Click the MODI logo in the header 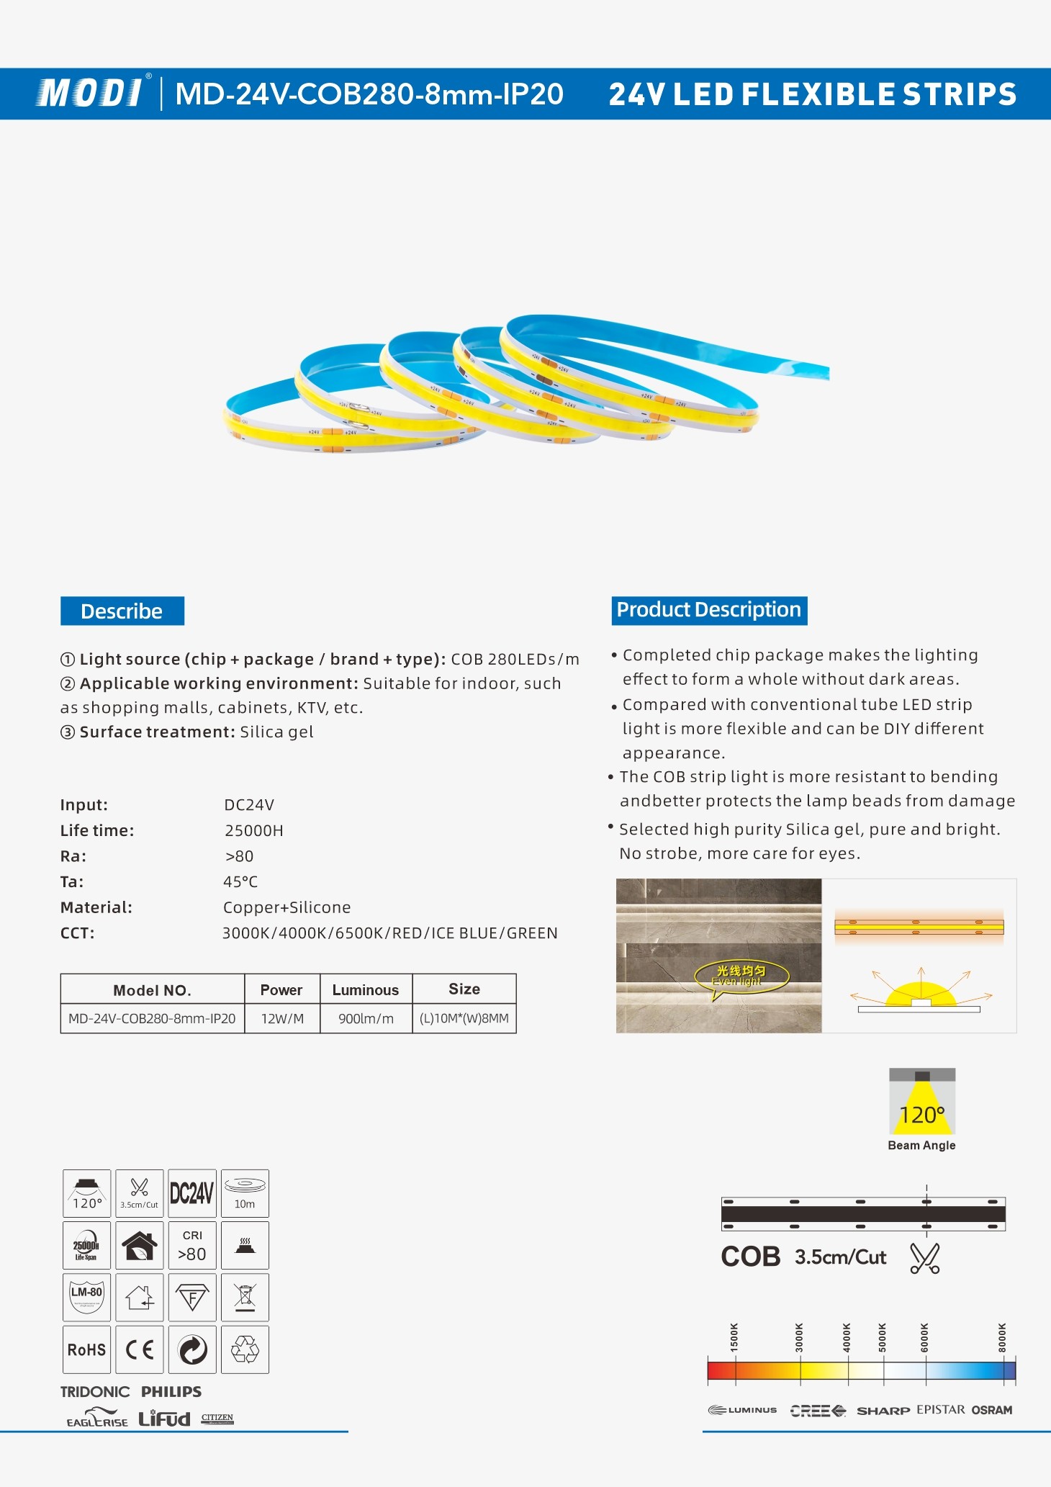tap(91, 93)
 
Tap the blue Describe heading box tap(122, 611)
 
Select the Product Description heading tap(709, 610)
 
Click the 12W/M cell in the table tap(282, 1019)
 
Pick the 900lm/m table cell tap(366, 1019)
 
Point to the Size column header tap(464, 989)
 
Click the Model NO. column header tap(152, 990)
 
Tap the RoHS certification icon tap(86, 1349)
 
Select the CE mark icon tap(140, 1349)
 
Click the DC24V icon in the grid tap(192, 1193)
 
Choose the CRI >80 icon tap(192, 1246)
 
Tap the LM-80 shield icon tap(86, 1297)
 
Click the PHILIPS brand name tap(171, 1391)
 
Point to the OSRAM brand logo tap(992, 1410)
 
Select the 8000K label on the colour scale tap(1002, 1337)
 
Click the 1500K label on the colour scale tap(734, 1337)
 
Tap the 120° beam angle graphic tap(922, 1102)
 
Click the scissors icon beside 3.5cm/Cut tap(925, 1258)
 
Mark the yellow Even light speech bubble tap(741, 976)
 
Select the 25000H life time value tap(254, 831)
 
